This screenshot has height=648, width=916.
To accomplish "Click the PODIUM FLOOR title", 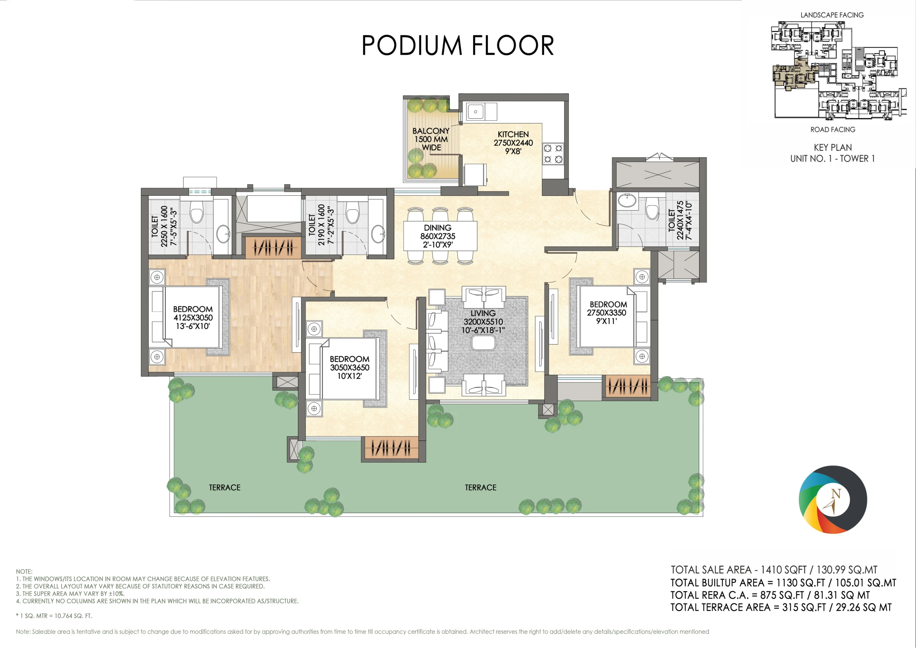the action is pyautogui.click(x=458, y=45).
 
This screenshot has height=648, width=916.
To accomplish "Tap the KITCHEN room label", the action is pyautogui.click(x=513, y=135).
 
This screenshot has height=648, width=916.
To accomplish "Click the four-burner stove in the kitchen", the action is pyautogui.click(x=553, y=154).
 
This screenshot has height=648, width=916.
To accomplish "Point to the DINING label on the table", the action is pyautogui.click(x=438, y=228).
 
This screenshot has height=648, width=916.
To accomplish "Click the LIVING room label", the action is pyautogui.click(x=483, y=313).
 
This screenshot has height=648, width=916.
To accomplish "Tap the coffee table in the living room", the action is pyautogui.click(x=483, y=343).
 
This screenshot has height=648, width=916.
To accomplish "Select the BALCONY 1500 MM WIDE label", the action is pyautogui.click(x=431, y=139).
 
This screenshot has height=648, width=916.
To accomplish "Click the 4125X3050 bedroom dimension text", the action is pyautogui.click(x=193, y=318).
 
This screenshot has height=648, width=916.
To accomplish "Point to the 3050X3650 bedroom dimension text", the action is pyautogui.click(x=350, y=367).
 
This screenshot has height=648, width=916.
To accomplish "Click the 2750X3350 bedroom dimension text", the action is pyautogui.click(x=606, y=313).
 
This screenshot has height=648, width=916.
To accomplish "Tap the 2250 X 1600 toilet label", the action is pyautogui.click(x=164, y=226).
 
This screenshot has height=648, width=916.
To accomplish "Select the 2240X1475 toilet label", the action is pyautogui.click(x=680, y=220).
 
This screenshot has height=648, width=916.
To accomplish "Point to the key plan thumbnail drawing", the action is pyautogui.click(x=836, y=70).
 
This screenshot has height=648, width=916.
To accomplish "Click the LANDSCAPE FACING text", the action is pyautogui.click(x=832, y=15).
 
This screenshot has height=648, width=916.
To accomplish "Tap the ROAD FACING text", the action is pyautogui.click(x=833, y=130).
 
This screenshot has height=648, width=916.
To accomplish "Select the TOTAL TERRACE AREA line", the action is pyautogui.click(x=781, y=607).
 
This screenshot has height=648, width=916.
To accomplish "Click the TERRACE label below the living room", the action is pyautogui.click(x=481, y=488).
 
